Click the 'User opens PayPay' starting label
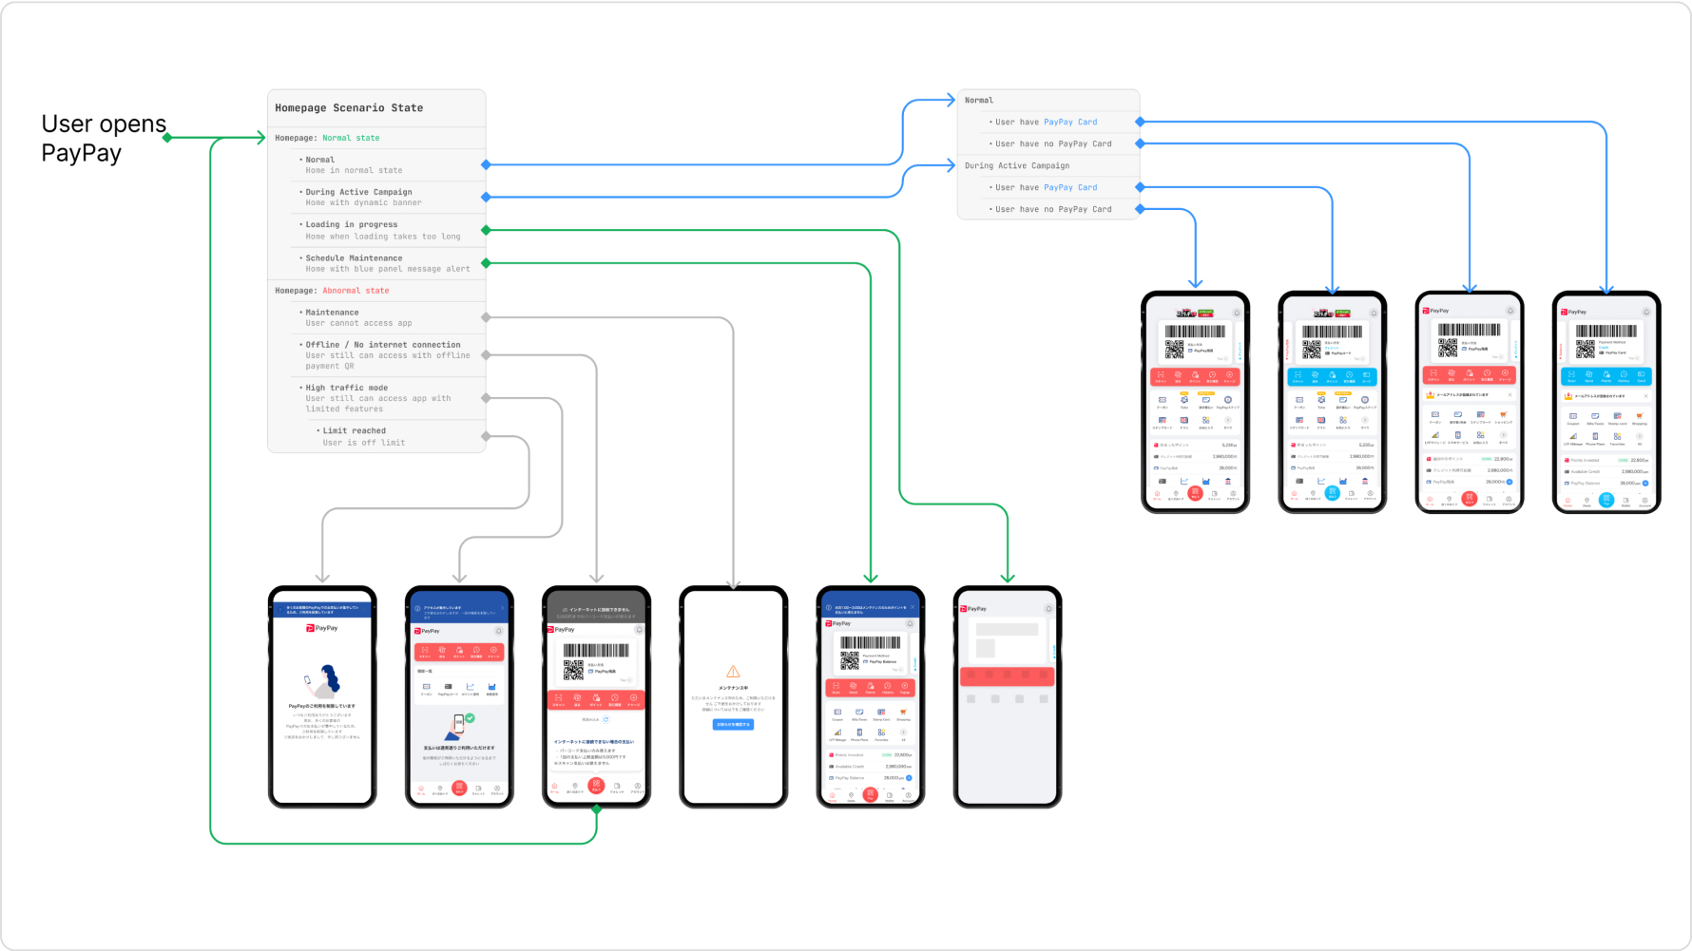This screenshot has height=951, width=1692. [104, 139]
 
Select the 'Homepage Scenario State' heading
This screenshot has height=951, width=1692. [349, 108]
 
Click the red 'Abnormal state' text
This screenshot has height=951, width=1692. [356, 291]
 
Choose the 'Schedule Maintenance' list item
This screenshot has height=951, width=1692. [354, 258]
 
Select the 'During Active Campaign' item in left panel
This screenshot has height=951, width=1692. [358, 192]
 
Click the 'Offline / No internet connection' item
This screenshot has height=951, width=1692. [383, 345]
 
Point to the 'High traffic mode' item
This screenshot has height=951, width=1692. [347, 388]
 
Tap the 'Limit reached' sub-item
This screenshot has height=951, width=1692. [355, 430]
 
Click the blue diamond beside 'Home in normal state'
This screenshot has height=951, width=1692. [486, 165]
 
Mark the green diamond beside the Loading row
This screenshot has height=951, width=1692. [486, 230]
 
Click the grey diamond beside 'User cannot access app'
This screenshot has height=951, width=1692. [486, 317]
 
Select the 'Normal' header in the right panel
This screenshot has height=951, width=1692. [979, 101]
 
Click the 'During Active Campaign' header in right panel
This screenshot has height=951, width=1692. [1017, 165]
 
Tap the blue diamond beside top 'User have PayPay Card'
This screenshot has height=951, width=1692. [1140, 123]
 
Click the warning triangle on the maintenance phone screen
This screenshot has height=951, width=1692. [733, 672]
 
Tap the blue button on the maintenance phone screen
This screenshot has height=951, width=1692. [733, 725]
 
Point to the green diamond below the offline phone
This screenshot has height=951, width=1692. [597, 809]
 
